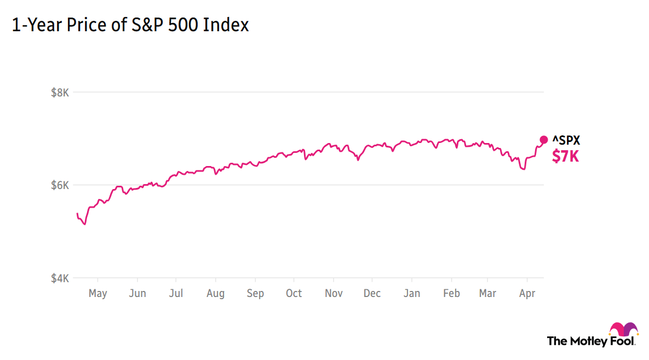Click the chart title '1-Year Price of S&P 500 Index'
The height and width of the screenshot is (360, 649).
130,25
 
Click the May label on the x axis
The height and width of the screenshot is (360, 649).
97,294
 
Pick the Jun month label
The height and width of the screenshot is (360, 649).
137,294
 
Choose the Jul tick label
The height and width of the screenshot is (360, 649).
176,294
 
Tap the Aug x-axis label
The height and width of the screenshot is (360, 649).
215,294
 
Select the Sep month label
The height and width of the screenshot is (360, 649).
255,294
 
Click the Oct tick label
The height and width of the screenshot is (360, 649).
294,294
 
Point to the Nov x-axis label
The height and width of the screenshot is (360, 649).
333,294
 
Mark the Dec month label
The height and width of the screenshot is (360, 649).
372,294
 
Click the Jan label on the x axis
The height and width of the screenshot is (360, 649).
412,294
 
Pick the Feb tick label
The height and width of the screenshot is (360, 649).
451,294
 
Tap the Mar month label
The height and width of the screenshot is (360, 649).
487,294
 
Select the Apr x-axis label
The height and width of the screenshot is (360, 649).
527,294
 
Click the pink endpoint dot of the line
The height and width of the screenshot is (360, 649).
544,140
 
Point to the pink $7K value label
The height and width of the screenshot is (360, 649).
565,156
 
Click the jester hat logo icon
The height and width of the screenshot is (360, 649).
624,329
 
